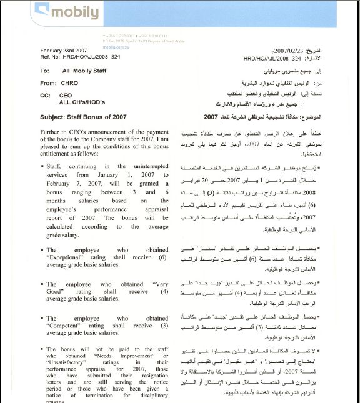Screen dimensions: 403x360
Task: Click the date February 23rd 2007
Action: (63, 51)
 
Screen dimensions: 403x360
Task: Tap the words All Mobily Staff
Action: (85, 71)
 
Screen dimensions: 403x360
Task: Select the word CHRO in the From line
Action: (71, 82)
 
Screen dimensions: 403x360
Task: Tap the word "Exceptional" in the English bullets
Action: (67, 257)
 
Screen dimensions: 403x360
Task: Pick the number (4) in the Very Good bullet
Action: (164, 291)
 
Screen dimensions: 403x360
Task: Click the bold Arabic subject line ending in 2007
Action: (269, 116)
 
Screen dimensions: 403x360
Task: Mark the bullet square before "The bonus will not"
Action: (42, 349)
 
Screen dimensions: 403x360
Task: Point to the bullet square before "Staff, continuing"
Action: (42, 167)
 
